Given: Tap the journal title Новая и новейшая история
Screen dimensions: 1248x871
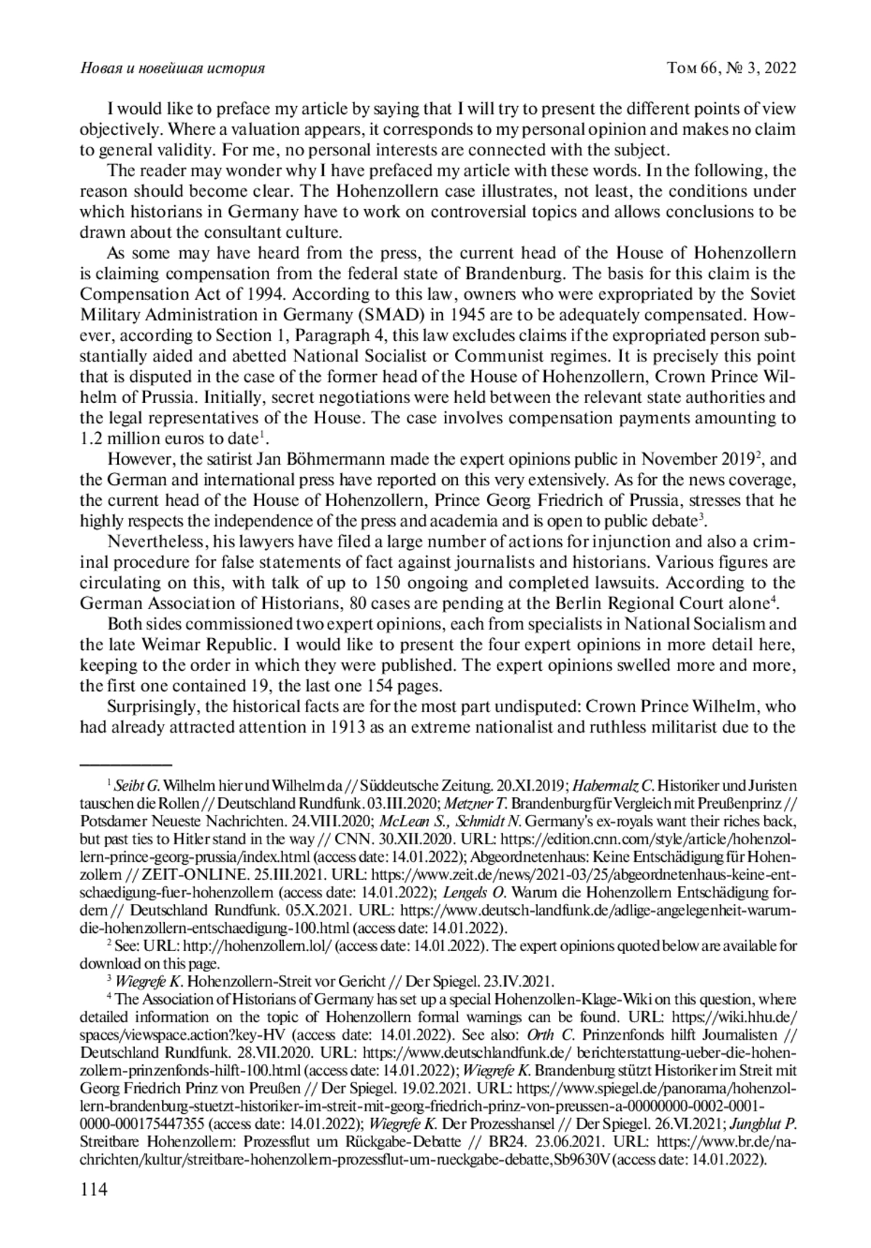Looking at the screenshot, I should pyautogui.click(x=171, y=68).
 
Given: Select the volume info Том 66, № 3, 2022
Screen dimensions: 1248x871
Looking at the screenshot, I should pyautogui.click(x=732, y=68).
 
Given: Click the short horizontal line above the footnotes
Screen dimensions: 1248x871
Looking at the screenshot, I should pyautogui.click(x=126, y=764).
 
